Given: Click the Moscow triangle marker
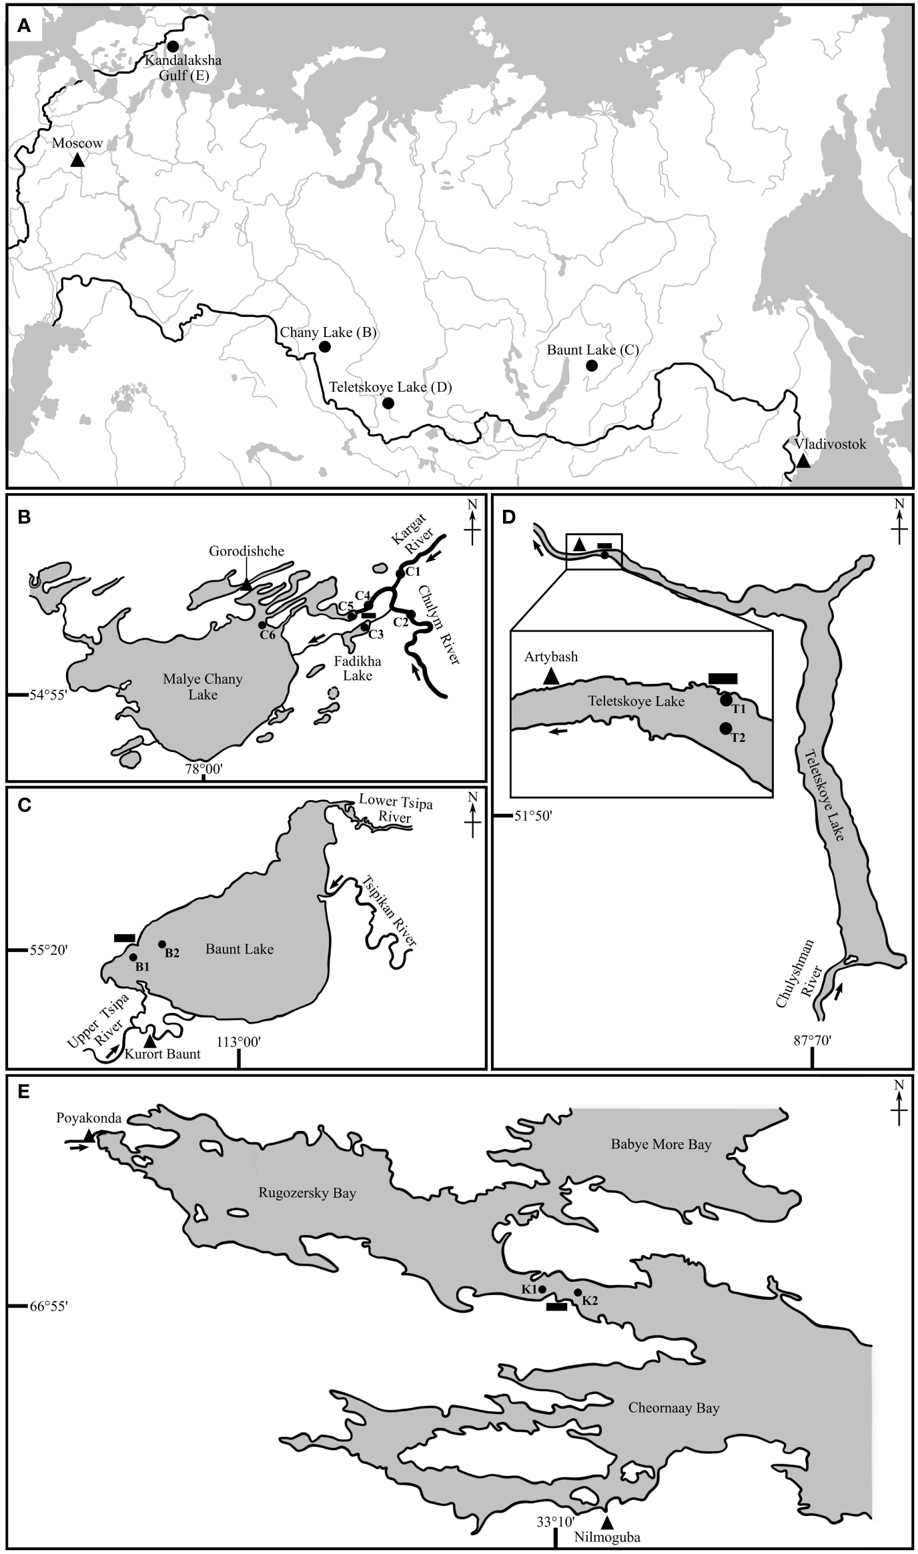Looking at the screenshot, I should [x=77, y=160].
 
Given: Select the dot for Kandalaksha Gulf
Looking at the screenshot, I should [x=173, y=46].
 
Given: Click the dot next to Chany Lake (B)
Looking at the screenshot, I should [x=325, y=346].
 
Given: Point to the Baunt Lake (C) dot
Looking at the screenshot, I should [x=591, y=365].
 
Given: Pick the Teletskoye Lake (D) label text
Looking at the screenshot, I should [x=390, y=387].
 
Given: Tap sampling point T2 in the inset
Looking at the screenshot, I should [x=726, y=729].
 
